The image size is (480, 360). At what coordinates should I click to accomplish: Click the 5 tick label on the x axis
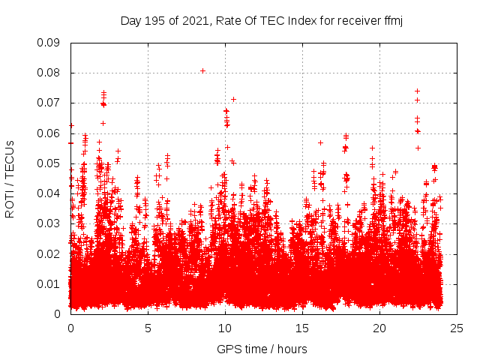coord(148,328)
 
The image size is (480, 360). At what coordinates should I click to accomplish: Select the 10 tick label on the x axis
coord(225,328)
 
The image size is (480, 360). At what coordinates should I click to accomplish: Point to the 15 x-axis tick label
coord(302,328)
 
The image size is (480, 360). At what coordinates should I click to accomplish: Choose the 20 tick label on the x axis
coord(379,328)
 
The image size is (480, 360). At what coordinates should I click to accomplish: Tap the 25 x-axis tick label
coord(457,328)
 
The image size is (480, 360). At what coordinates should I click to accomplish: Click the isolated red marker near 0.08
coord(202,70)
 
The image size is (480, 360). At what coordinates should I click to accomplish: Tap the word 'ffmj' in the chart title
coord(394,20)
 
